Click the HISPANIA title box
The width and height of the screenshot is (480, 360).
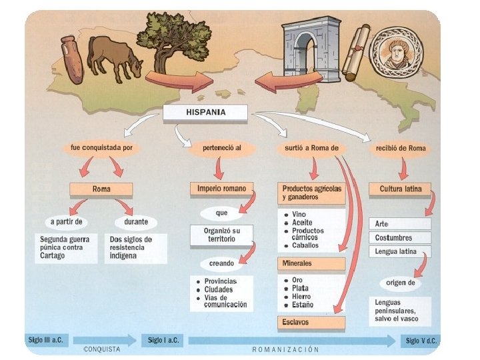coord(205,112)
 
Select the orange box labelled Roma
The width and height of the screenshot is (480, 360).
coord(101,189)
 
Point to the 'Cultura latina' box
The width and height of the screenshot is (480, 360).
coord(400,189)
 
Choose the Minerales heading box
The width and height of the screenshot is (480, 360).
coord(311,263)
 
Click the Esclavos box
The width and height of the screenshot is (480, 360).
coord(311,323)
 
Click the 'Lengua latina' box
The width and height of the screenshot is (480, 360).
coord(399,251)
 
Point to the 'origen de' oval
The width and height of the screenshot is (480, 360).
coord(401,283)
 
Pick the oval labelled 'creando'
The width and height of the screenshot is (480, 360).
coord(221,263)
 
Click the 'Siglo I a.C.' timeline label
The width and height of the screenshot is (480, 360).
coord(164,341)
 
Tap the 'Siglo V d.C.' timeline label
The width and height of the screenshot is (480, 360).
coord(421,341)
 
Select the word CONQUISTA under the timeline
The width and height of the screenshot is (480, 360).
coord(102,349)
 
